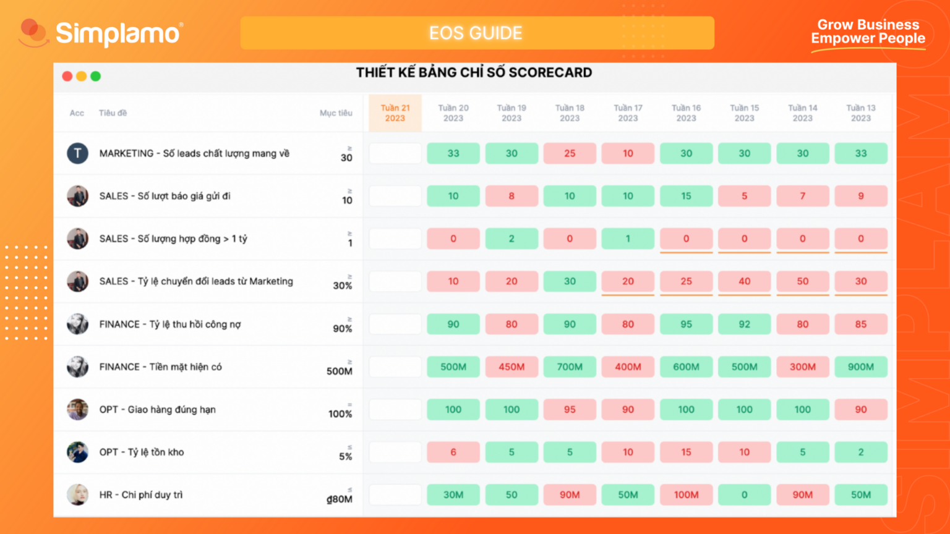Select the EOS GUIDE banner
[476, 33]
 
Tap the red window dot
[67, 76]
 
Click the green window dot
[95, 76]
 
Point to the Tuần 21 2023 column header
[395, 112]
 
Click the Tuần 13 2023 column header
[860, 112]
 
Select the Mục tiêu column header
[336, 112]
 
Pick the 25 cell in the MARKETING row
[570, 153]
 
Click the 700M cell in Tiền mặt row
[570, 367]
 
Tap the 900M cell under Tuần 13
[860, 367]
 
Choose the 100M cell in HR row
[686, 494]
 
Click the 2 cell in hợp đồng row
[511, 239]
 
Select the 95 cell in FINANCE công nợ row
[686, 324]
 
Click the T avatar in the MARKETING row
[78, 153]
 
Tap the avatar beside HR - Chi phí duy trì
[78, 494]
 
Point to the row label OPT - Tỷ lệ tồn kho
[142, 452]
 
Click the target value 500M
[340, 371]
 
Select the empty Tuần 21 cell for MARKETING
[395, 153]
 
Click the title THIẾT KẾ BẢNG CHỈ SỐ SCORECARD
[474, 73]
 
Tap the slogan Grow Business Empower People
[868, 32]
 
